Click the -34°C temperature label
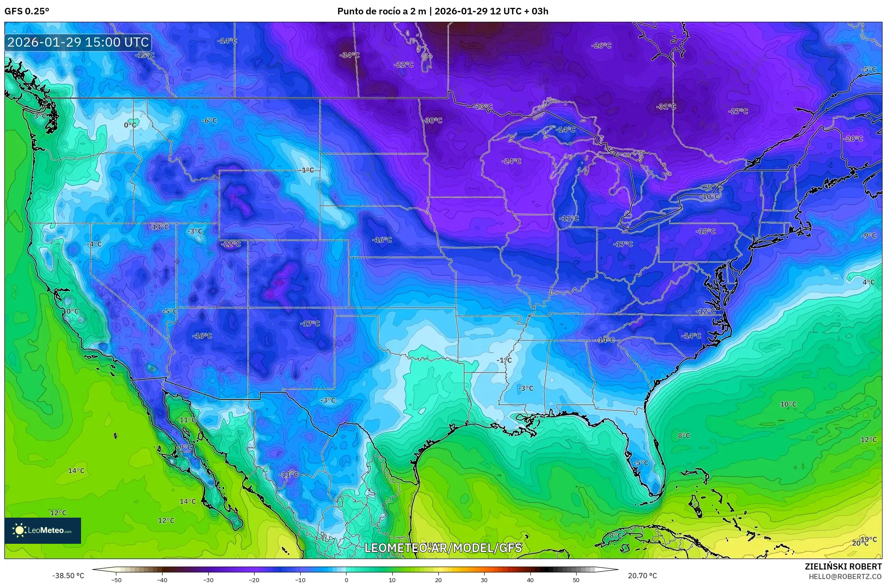[x=350, y=55]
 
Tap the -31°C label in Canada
[x=666, y=106]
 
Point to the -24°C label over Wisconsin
[x=512, y=161]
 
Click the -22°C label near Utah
[x=231, y=244]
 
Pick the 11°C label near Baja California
[x=187, y=420]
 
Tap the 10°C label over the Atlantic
[x=788, y=404]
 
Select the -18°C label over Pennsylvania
[x=706, y=231]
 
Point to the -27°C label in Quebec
[x=738, y=111]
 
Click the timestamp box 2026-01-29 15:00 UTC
[x=78, y=42]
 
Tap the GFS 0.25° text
[x=27, y=11]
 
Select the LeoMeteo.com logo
[x=43, y=530]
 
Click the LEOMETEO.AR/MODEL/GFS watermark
[x=443, y=548]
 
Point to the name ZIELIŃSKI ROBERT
[x=843, y=566]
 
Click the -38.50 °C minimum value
[x=68, y=576]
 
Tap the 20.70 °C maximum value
[x=642, y=576]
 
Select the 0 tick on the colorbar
[x=346, y=580]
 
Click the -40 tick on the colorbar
[x=162, y=580]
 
